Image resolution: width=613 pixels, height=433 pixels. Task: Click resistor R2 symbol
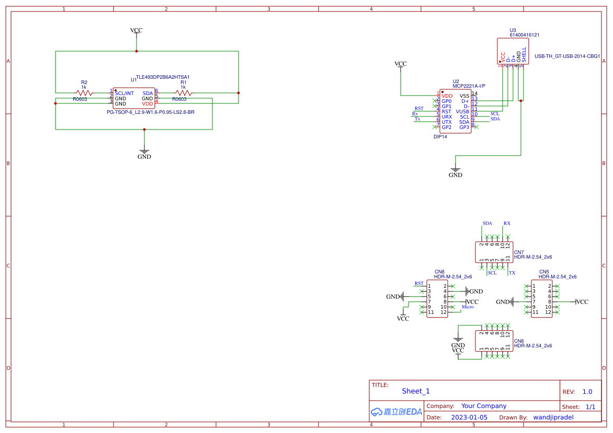pyautogui.click(x=84, y=93)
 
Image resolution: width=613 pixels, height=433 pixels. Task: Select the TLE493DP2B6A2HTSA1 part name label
pyautogui.click(x=163, y=77)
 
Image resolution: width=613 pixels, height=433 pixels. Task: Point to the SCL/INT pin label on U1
pyautogui.click(x=124, y=93)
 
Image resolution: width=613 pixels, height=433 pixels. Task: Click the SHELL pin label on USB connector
pyautogui.click(x=524, y=55)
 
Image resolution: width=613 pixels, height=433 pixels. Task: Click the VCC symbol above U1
pyautogui.click(x=136, y=31)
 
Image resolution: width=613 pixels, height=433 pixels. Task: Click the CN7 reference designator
pyautogui.click(x=519, y=252)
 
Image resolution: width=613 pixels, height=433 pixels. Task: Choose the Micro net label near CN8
pyautogui.click(x=468, y=307)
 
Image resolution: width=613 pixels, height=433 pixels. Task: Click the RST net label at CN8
pyautogui.click(x=419, y=283)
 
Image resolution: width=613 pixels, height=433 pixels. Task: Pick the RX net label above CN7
pyautogui.click(x=507, y=223)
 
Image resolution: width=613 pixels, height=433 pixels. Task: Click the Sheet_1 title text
pyautogui.click(x=416, y=391)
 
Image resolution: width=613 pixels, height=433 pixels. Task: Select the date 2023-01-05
pyautogui.click(x=469, y=417)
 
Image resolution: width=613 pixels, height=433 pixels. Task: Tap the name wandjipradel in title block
pyautogui.click(x=553, y=417)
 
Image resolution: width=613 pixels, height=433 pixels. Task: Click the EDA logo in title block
pyautogui.click(x=396, y=412)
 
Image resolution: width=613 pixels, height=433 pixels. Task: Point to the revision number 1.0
pyautogui.click(x=587, y=392)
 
